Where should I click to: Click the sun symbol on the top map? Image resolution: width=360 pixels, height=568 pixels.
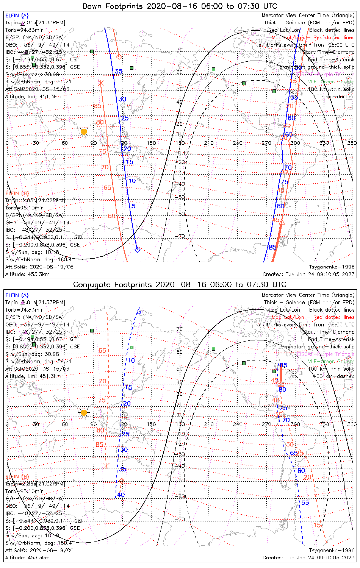tap(84, 132)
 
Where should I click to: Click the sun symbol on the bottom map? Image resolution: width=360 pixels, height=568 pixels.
tap(84, 412)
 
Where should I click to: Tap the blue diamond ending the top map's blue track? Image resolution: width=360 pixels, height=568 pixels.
tap(138, 250)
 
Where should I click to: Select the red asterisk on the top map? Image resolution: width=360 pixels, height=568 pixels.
tap(101, 83)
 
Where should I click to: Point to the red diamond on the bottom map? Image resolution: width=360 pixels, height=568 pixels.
tap(122, 481)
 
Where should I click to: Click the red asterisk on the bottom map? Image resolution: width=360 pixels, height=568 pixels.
tap(106, 465)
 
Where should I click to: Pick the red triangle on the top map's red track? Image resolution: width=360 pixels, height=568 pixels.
tap(282, 222)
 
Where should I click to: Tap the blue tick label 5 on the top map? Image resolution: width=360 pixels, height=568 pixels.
tap(133, 206)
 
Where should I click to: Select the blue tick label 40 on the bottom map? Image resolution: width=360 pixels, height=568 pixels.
tap(121, 495)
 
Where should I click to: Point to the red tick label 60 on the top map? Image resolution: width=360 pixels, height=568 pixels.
tap(111, 216)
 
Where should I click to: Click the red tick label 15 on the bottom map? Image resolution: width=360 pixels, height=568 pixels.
tap(317, 525)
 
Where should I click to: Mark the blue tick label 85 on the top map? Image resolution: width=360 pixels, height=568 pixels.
tap(272, 247)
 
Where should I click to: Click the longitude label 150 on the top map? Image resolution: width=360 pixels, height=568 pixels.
tap(151, 143)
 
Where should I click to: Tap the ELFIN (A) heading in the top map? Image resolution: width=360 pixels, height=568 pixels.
tap(17, 16)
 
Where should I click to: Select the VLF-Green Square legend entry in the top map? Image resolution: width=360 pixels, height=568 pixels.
tap(331, 81)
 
